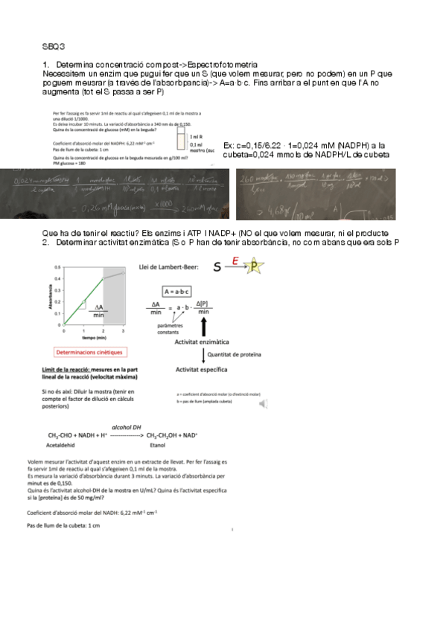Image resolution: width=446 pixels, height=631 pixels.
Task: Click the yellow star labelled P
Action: [255, 266]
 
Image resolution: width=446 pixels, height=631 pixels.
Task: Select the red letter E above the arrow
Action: [235, 260]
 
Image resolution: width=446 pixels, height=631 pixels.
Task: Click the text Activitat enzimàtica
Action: [200, 342]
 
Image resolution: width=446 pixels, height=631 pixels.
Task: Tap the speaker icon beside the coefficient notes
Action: [263, 403]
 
